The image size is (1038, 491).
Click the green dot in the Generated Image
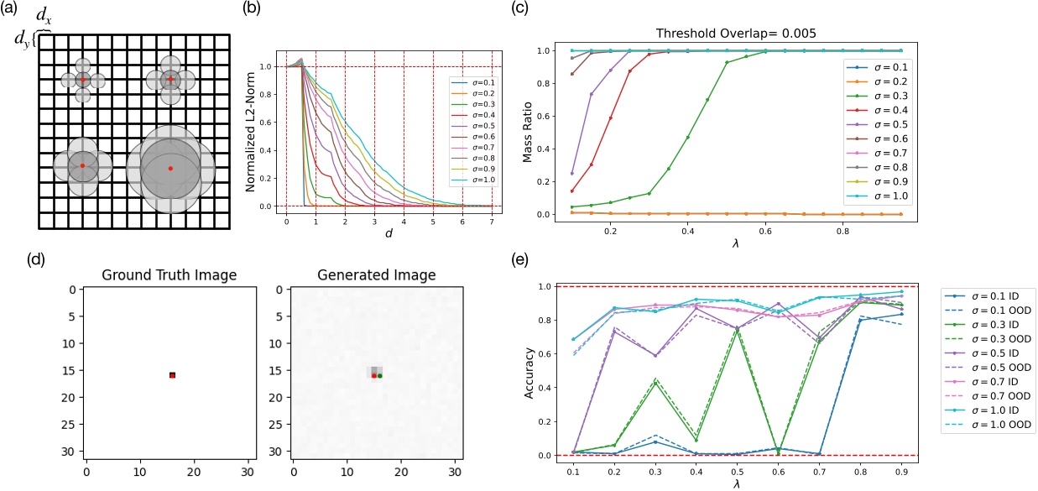(379, 376)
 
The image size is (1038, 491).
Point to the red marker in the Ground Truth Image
(172, 375)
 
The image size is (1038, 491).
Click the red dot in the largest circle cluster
(170, 169)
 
